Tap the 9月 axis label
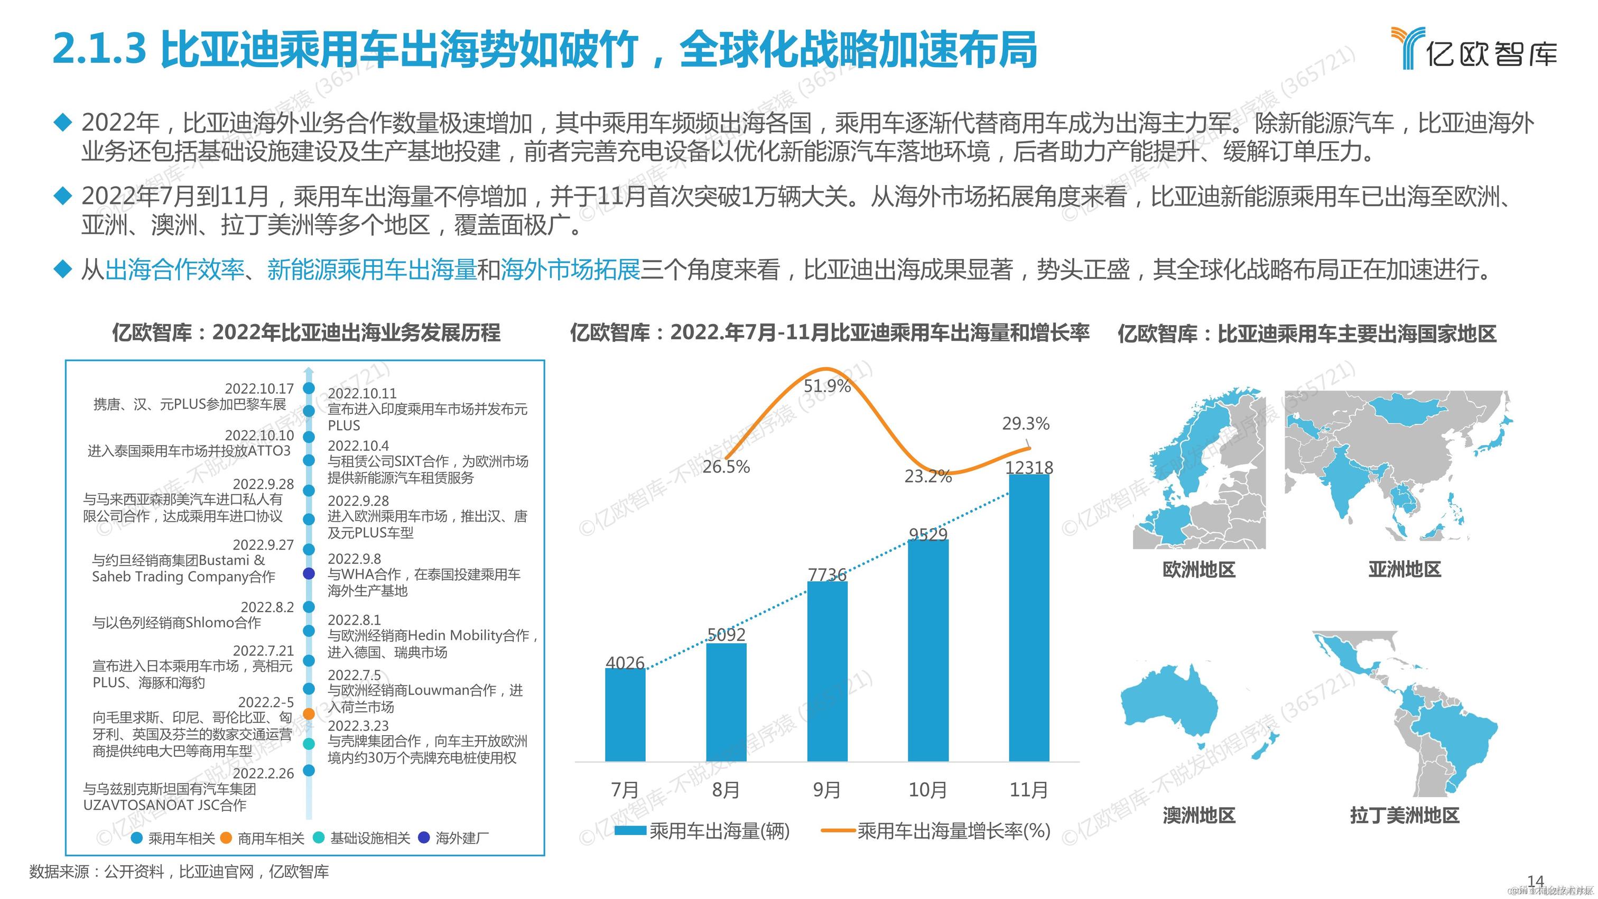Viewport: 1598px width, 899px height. (x=827, y=790)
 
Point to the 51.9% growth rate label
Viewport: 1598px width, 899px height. (x=827, y=386)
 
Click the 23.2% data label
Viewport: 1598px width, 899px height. (x=927, y=477)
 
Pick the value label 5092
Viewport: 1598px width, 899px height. (x=726, y=634)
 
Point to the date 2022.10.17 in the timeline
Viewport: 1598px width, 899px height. (x=259, y=388)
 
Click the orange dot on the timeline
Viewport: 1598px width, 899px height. (x=308, y=714)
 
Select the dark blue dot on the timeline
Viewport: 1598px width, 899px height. (x=308, y=573)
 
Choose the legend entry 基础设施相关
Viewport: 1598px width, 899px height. (x=370, y=838)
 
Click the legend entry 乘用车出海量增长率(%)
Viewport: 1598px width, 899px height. (x=953, y=831)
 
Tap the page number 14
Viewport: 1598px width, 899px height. (x=1535, y=881)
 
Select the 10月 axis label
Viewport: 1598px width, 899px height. (x=927, y=790)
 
